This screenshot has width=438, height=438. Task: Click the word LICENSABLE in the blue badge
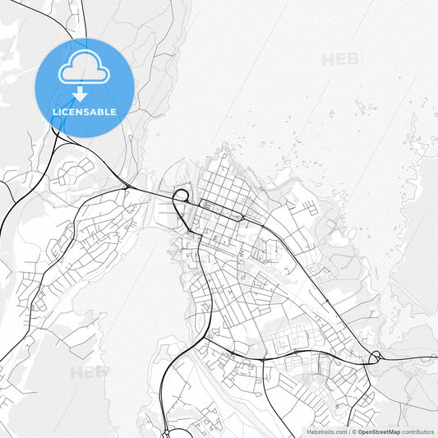point(85,112)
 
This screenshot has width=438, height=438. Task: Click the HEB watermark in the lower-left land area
point(89,372)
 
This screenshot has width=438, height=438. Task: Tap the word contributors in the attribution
point(418,431)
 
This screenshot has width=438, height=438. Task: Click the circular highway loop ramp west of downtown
point(181,196)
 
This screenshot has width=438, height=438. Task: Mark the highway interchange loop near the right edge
point(376,357)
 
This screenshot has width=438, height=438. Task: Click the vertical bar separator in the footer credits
point(351,431)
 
